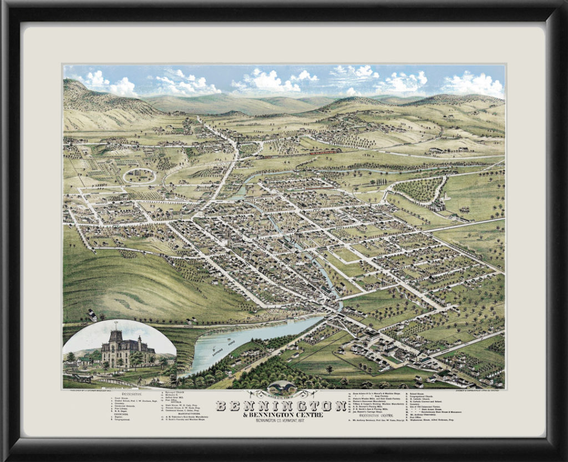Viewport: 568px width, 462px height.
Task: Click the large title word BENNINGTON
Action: coord(281,406)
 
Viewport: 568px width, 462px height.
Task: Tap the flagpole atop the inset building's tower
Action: coord(116,324)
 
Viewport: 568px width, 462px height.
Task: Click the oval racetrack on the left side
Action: coord(139,175)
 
